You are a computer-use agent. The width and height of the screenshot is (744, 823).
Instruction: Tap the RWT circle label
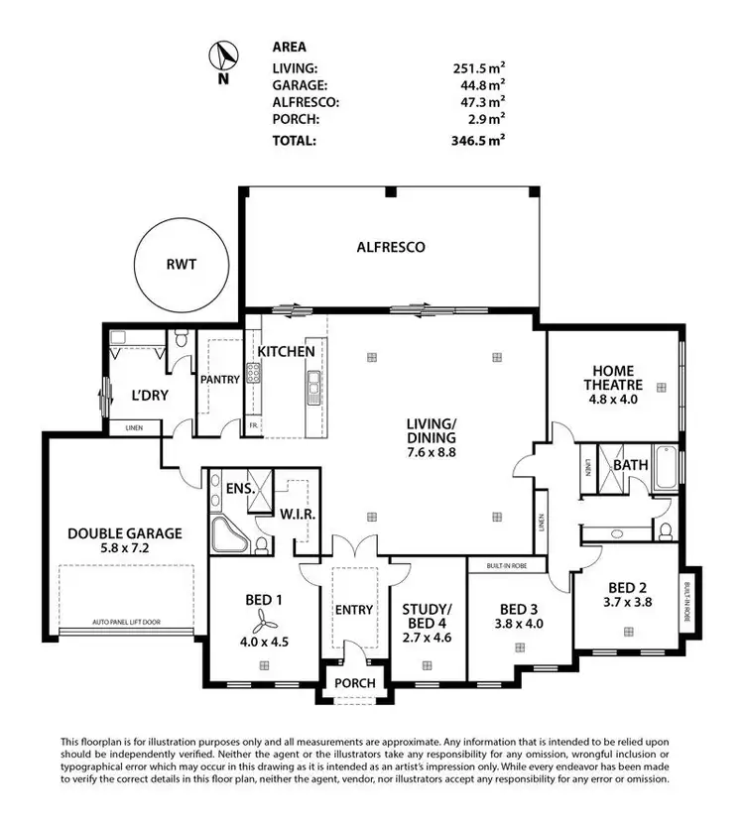(181, 265)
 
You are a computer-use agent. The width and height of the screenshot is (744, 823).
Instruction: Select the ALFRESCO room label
(391, 247)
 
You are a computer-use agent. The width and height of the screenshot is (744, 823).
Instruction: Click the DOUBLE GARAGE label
(125, 532)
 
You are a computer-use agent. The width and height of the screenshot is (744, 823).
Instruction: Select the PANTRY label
(218, 379)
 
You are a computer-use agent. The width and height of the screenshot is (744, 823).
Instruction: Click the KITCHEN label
(287, 352)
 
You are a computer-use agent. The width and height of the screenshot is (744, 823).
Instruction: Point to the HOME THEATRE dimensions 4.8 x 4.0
(614, 402)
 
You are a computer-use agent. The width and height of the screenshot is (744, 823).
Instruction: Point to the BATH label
(631, 464)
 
